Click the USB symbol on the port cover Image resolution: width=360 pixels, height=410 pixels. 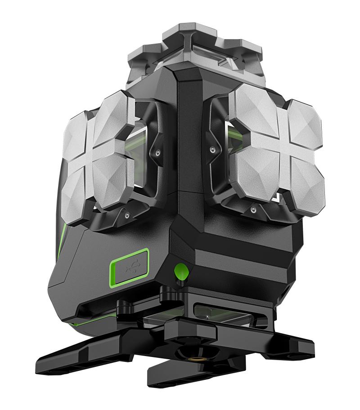[x=131, y=268]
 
